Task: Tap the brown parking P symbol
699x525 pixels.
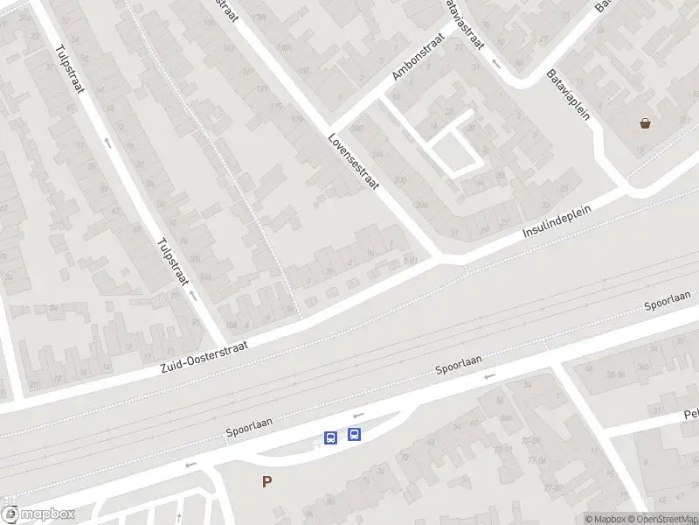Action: [266, 481]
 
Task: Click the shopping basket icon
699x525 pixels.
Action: [646, 123]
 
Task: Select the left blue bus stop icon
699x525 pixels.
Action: [331, 437]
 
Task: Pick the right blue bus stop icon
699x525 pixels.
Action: [354, 434]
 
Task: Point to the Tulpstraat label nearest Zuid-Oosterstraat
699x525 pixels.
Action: [173, 262]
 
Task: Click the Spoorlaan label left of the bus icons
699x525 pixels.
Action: [250, 426]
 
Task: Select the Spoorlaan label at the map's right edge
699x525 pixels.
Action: [668, 301]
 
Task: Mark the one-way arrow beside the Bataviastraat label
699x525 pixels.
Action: [495, 63]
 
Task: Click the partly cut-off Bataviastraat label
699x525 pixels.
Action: [465, 24]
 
